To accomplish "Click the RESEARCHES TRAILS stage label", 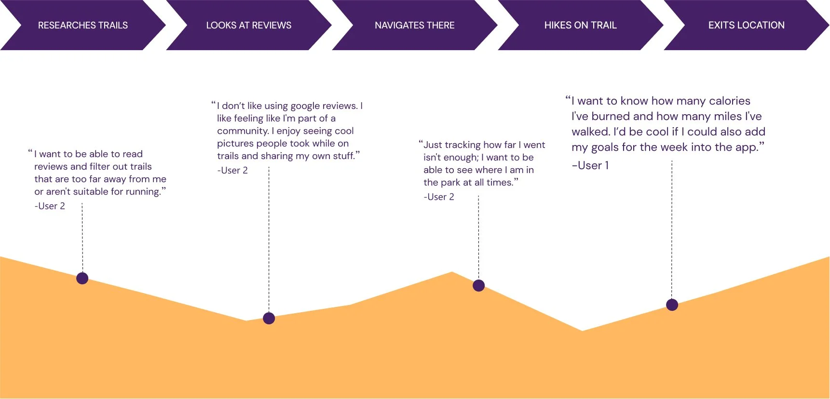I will pyautogui.click(x=83, y=25).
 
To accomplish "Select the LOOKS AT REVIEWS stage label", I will pyautogui.click(x=248, y=25).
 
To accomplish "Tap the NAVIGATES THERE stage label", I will pyautogui.click(x=414, y=25).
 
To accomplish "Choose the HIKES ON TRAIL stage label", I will pyautogui.click(x=580, y=25).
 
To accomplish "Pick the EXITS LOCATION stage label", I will pyautogui.click(x=746, y=25).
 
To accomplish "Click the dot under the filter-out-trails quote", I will pyautogui.click(x=82, y=278).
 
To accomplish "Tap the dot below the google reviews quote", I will pyautogui.click(x=269, y=318).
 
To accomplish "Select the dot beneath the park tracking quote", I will pyautogui.click(x=478, y=285).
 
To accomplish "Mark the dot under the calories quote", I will pyautogui.click(x=672, y=305).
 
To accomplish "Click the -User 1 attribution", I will pyautogui.click(x=590, y=165).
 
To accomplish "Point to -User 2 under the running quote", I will pyautogui.click(x=50, y=206).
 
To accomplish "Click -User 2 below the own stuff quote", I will pyautogui.click(x=232, y=170).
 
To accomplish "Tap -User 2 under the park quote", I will pyautogui.click(x=439, y=197).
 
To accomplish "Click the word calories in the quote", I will pyautogui.click(x=730, y=101).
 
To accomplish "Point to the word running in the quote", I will pyautogui.click(x=143, y=191).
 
